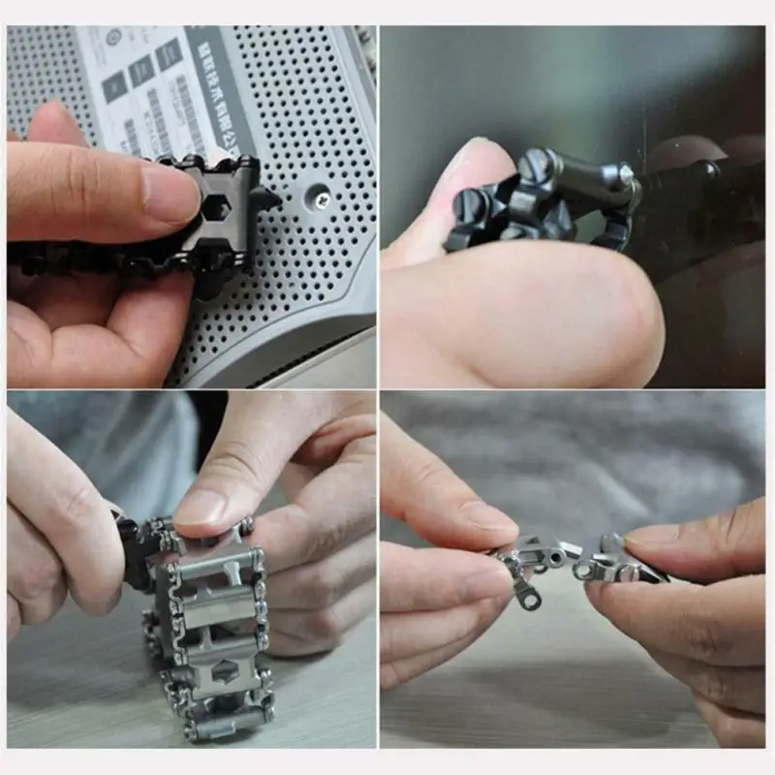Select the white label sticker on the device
[x=155, y=87]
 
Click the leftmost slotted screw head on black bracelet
[x=469, y=204]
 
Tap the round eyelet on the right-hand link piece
[x=584, y=571]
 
